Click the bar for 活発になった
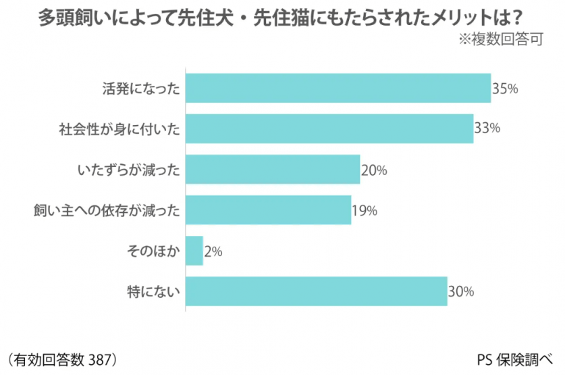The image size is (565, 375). (338, 88)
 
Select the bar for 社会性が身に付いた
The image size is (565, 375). (329, 128)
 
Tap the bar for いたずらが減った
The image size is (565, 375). (272, 169)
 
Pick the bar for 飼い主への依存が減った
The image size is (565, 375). (268, 209)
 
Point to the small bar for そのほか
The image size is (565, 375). (194, 251)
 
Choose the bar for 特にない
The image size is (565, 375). (316, 291)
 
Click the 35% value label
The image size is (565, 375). (504, 89)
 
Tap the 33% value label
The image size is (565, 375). (487, 129)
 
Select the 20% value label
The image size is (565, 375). (374, 170)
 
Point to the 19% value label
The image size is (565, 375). (365, 211)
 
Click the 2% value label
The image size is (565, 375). (213, 251)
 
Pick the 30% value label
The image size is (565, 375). (461, 292)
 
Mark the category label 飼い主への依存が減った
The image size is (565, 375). (107, 210)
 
